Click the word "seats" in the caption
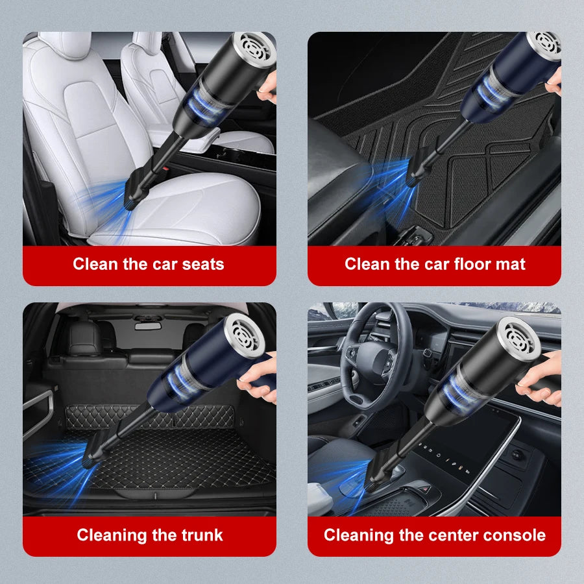202,264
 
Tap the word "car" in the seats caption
160,264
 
